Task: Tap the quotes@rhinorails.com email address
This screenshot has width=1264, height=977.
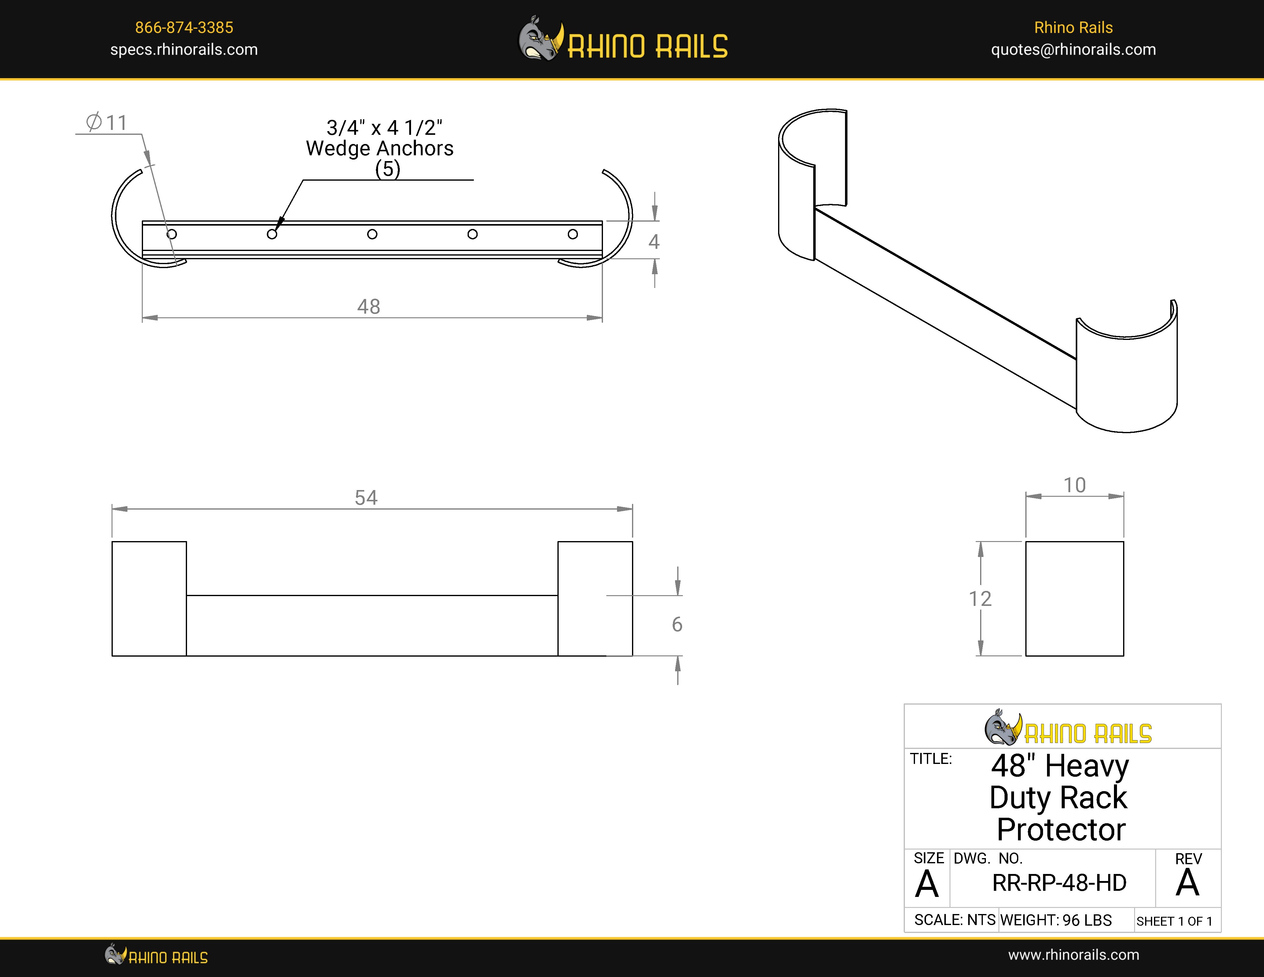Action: point(1073,50)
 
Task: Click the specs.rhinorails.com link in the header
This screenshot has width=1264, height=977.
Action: point(184,50)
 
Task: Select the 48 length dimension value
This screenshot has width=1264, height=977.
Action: point(369,307)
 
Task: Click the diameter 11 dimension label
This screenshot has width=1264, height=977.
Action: point(107,123)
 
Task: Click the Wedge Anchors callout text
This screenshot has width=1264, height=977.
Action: point(380,148)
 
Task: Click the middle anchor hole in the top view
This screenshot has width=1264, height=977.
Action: point(372,234)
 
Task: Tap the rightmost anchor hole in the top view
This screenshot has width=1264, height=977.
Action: point(572,234)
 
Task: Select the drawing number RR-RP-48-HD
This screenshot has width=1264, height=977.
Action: point(1059,883)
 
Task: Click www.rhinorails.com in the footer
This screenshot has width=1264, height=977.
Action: point(1073,955)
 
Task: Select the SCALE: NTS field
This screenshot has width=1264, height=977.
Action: point(954,920)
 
